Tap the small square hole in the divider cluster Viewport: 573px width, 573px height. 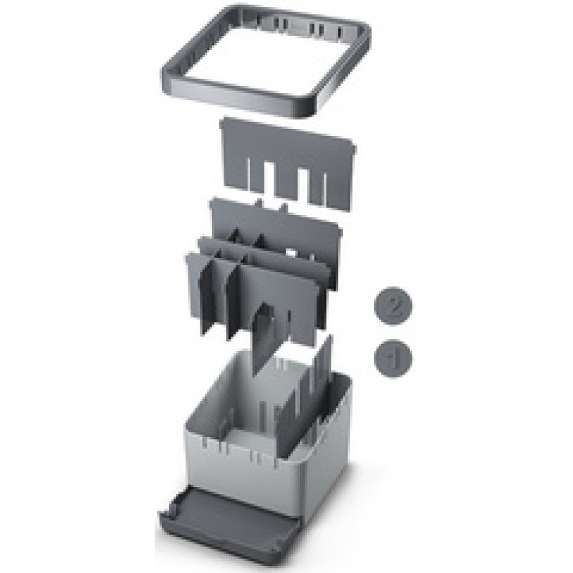click(x=292, y=252)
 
